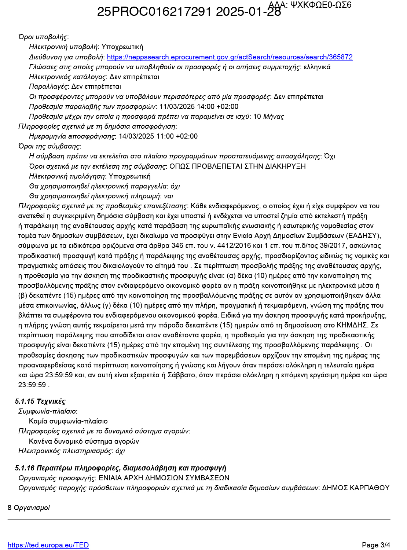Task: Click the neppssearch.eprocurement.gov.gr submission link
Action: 230,57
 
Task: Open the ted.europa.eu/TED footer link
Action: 48,545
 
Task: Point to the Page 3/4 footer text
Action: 376,545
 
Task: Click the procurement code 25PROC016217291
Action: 154,12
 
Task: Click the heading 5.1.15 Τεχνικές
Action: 40,401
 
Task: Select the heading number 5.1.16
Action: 25,468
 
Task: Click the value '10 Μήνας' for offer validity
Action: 268,117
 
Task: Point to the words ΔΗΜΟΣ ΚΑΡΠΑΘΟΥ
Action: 355,488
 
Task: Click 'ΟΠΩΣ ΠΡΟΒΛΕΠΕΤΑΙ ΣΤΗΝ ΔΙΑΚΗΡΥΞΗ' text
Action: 237,166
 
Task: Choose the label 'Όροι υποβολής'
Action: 43,37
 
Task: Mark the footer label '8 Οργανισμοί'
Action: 29,508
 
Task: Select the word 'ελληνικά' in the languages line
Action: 317,67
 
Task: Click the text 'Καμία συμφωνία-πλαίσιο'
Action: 68,421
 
